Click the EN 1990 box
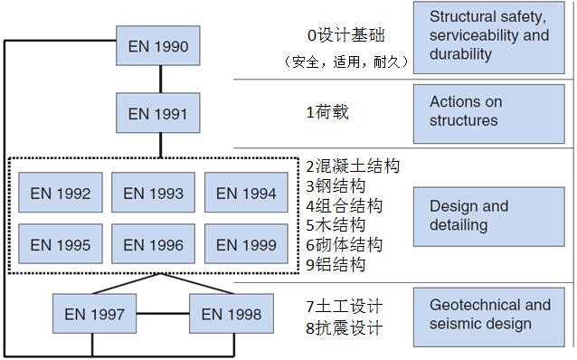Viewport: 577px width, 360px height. point(158,45)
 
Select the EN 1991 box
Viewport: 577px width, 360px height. point(158,114)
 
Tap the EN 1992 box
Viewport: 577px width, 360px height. point(61,193)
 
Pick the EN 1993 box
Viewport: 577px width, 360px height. point(153,193)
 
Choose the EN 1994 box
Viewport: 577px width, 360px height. point(246,193)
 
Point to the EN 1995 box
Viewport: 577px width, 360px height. point(61,244)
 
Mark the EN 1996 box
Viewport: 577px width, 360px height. point(153,244)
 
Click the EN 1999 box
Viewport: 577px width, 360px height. point(246,244)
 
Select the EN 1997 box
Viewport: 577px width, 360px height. point(95,315)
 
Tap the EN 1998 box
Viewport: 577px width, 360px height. point(232,315)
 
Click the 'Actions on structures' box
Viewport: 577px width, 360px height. point(488,111)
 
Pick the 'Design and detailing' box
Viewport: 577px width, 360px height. point(488,215)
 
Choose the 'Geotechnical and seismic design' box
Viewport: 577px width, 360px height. point(488,315)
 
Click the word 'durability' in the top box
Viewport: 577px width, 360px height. point(461,54)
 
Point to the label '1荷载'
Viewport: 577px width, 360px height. point(327,113)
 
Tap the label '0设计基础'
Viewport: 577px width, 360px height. point(345,36)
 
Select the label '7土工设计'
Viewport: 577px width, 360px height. point(344,306)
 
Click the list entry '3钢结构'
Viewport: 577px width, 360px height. point(336,186)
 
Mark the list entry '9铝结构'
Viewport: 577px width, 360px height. point(336,265)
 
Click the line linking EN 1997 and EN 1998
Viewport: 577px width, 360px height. point(163,315)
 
